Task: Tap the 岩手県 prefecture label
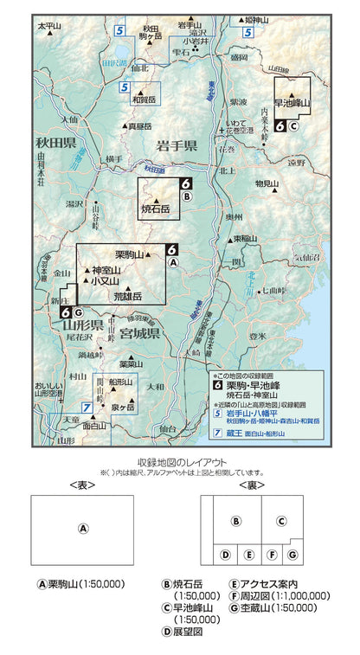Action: tap(177, 144)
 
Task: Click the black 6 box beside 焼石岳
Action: tap(185, 183)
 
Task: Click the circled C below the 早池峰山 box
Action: tap(293, 125)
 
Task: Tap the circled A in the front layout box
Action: tap(83, 529)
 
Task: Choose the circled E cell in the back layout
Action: tap(248, 554)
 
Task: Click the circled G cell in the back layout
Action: tap(292, 553)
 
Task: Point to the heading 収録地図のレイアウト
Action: tap(179, 462)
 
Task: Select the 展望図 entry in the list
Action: tap(187, 632)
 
